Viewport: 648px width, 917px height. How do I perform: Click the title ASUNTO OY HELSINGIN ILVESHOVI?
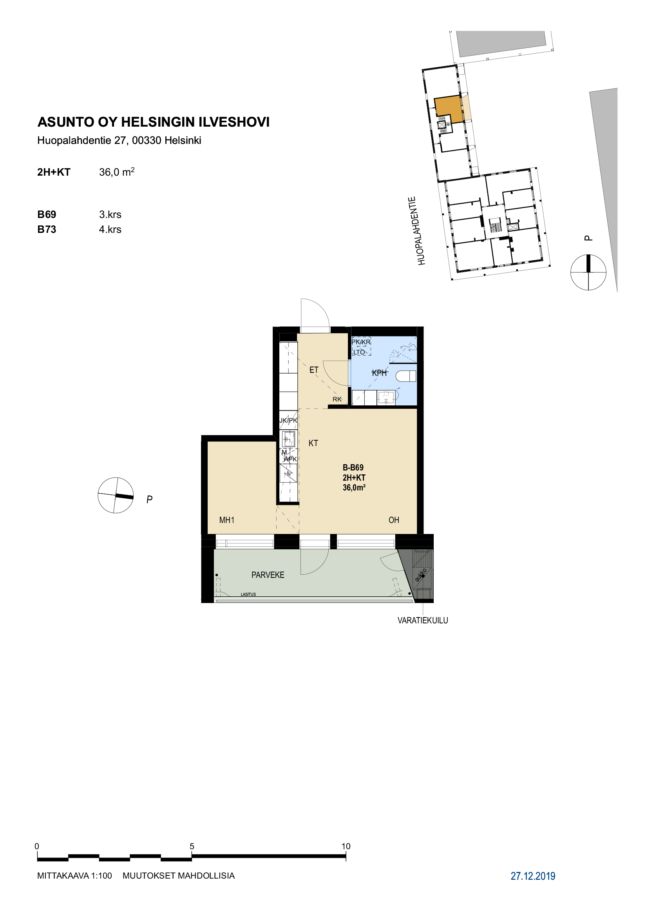tap(154, 122)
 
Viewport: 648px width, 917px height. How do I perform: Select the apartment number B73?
tap(47, 230)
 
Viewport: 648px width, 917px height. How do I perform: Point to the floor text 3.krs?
tap(110, 214)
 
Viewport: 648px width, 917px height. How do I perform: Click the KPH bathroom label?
tap(380, 372)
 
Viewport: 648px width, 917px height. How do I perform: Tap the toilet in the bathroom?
tap(406, 376)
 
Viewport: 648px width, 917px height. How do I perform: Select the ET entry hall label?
tap(314, 370)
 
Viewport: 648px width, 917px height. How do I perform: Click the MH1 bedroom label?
tap(226, 520)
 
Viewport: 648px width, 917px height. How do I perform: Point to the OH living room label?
tap(394, 520)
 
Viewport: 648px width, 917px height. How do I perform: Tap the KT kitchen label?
tap(313, 443)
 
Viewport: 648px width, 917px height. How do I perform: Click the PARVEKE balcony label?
tap(268, 575)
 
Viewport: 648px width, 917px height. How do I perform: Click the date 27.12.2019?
tap(533, 876)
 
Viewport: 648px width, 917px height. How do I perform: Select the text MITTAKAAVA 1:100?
tap(74, 876)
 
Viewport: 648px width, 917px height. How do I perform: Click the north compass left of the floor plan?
tap(116, 495)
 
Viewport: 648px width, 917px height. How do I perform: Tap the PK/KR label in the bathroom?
tap(361, 342)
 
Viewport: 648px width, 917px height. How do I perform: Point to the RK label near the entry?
tap(337, 399)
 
